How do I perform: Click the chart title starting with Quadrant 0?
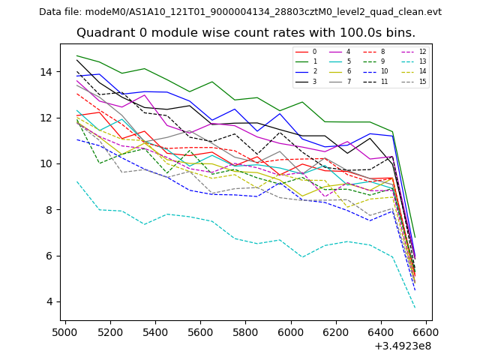(245, 33)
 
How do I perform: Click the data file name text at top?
(240, 12)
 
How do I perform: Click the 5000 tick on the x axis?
(65, 331)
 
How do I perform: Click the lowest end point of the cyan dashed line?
(415, 307)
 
